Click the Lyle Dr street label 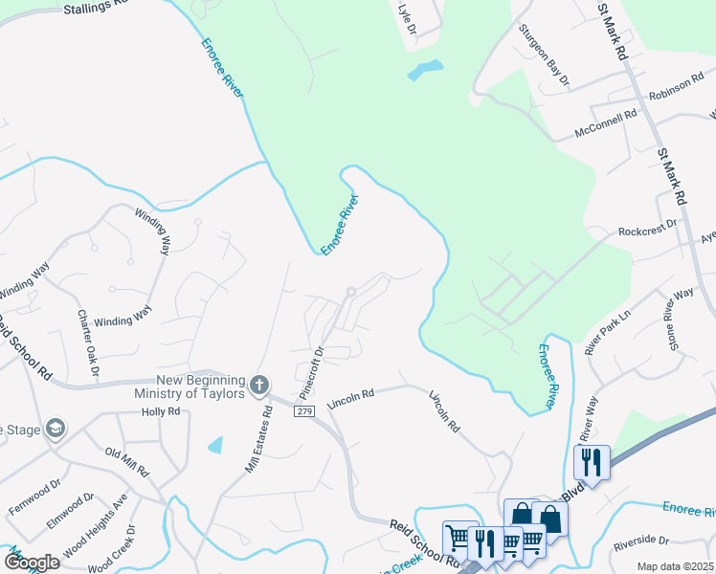tap(407, 18)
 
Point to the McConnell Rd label tap(606, 122)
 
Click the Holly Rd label tap(161, 411)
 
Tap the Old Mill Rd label tap(127, 462)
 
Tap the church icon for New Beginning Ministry tap(258, 386)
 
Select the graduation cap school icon tap(56, 429)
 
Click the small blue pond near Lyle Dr tap(425, 70)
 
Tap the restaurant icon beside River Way tap(591, 463)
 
